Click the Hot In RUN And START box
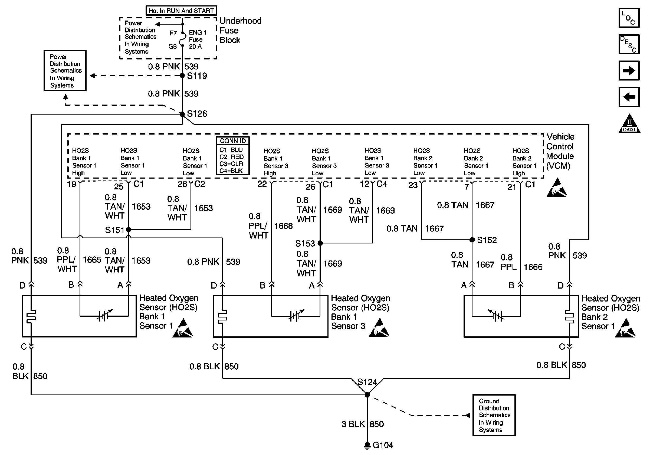click(181, 11)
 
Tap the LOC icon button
click(629, 18)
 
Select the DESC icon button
click(629, 44)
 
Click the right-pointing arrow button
click(629, 70)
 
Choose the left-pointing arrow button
click(629, 97)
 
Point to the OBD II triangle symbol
click(629, 124)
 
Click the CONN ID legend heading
click(233, 141)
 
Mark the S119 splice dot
click(183, 75)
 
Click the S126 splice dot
click(183, 114)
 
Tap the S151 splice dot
click(129, 230)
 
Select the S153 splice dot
click(320, 243)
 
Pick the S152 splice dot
click(472, 240)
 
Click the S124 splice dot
click(367, 395)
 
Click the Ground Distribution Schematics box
click(494, 415)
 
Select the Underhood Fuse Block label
click(240, 31)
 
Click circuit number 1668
click(283, 226)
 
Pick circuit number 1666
click(533, 267)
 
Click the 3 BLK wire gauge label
click(353, 424)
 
